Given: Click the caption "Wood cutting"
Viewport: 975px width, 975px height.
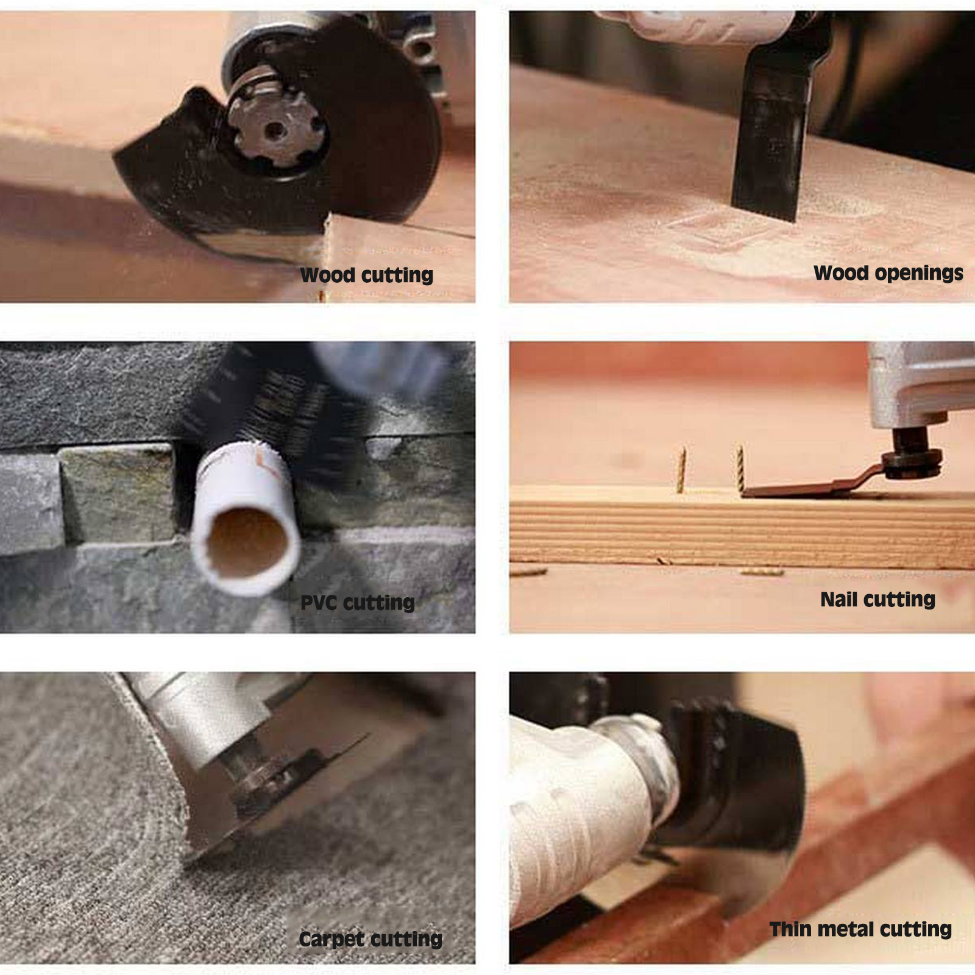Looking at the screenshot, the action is (367, 275).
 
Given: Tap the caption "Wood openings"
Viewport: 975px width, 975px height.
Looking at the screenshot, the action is (888, 273).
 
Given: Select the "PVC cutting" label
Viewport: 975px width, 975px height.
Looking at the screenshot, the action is (358, 603).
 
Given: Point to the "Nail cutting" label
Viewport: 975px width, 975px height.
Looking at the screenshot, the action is (877, 600).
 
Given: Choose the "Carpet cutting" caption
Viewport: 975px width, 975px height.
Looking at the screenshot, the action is (370, 939).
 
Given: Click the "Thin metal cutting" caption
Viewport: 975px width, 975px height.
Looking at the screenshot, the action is (860, 929).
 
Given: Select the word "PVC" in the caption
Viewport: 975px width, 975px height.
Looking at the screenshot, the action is (318, 603).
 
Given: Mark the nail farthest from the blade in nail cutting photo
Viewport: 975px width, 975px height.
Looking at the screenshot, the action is (681, 469).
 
